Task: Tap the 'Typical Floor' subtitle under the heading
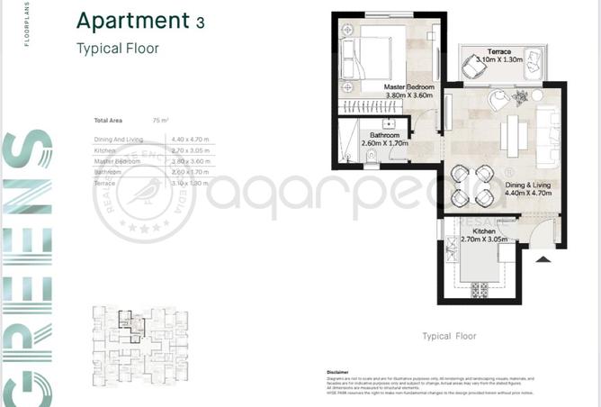pos(117,49)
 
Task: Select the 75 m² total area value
pos(161,120)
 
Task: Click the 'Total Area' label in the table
pos(109,120)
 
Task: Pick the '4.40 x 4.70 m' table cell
pos(189,140)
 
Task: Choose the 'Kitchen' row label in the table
pos(105,150)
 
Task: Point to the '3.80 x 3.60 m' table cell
pos(189,160)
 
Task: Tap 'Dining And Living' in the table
pos(119,140)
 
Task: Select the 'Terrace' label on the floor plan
pos(499,51)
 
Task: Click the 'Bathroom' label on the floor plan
pos(384,136)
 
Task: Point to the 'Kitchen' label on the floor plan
pos(479,232)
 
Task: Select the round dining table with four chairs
pos(472,183)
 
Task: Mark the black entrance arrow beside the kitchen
pos(543,260)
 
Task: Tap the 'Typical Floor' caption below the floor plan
pos(449,336)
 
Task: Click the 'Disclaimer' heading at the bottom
pos(337,371)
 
